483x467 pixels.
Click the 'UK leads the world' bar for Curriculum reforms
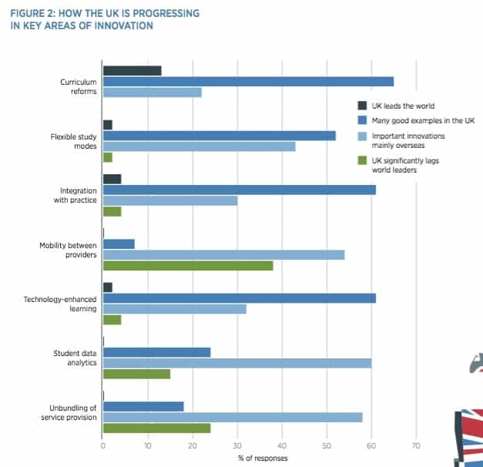pos(132,71)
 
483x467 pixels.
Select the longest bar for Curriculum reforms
pos(248,82)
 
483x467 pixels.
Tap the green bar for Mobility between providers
pos(188,266)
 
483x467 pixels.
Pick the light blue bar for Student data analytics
pos(236,363)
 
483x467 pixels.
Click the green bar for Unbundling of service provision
pos(156,428)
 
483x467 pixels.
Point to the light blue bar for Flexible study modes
pos(199,146)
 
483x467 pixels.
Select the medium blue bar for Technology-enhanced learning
pos(239,298)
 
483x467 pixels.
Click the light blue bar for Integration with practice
pos(169,200)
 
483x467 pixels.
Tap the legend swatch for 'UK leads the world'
pos(361,106)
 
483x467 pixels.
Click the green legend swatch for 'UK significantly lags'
pos(361,160)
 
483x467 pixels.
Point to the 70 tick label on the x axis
pos(416,445)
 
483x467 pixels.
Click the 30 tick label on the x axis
pos(236,445)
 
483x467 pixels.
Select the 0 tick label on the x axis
pos(102,445)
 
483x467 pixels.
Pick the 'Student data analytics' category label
pos(74,357)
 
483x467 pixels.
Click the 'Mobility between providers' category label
pos(68,250)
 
